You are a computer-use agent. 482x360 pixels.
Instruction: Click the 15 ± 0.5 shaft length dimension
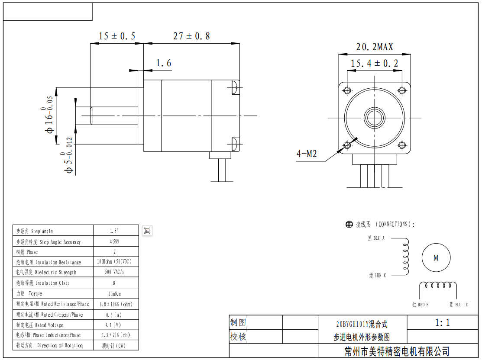(x=117, y=36)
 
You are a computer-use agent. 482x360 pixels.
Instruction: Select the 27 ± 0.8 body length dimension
(x=191, y=36)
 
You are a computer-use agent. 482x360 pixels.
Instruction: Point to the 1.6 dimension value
(x=163, y=63)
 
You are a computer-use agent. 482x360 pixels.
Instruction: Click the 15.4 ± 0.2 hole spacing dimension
(x=374, y=64)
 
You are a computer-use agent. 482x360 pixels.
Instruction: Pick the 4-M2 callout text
(x=307, y=154)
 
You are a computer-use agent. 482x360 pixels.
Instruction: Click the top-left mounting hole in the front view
(x=347, y=90)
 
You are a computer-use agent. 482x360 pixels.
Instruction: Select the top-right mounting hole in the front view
(x=401, y=90)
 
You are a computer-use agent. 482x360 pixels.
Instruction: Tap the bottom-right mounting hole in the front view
(x=401, y=145)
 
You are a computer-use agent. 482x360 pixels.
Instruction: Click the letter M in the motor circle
(x=436, y=258)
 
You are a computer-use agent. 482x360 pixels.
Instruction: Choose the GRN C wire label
(x=377, y=275)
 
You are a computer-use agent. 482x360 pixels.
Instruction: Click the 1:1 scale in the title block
(x=442, y=322)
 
